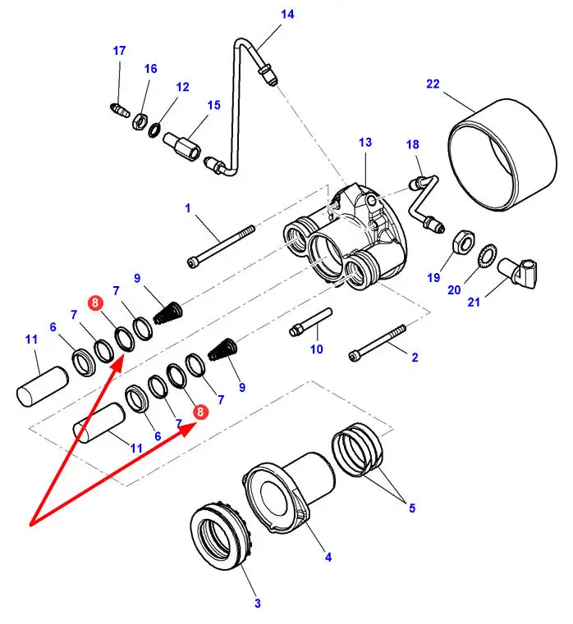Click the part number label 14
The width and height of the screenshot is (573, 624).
[x=286, y=15]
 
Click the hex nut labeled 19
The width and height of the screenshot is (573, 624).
[x=462, y=242]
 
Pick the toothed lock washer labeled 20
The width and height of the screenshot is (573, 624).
[x=485, y=255]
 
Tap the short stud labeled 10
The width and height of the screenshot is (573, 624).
[x=311, y=322]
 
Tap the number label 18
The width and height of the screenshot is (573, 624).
[x=413, y=144]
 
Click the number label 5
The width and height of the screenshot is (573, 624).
[x=412, y=508]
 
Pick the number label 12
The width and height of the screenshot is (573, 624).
[x=182, y=86]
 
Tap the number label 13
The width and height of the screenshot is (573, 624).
[x=365, y=142]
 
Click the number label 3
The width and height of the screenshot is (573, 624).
[x=257, y=604]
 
